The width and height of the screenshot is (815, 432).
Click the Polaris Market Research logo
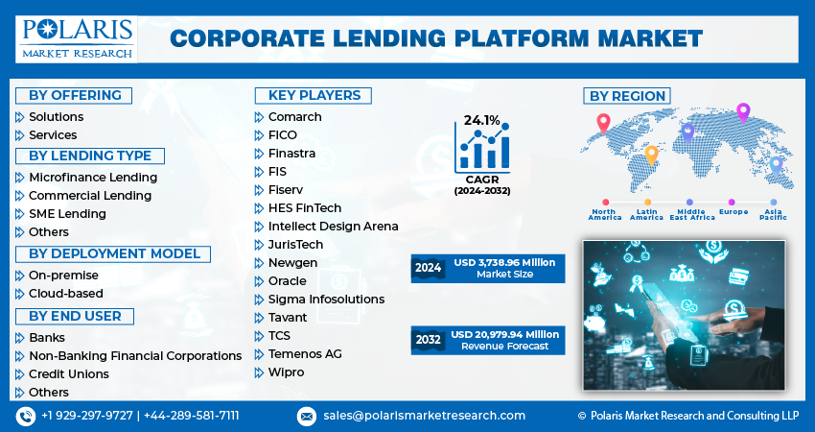(76, 38)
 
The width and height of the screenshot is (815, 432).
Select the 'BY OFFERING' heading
(75, 95)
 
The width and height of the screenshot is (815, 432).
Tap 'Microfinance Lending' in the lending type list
(93, 177)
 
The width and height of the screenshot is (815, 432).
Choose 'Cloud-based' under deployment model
(65, 293)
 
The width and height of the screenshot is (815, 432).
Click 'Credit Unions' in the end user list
(69, 373)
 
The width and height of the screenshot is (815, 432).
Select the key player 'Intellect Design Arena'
(326, 226)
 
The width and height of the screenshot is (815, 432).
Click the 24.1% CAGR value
(481, 120)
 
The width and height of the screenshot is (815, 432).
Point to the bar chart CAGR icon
(483, 149)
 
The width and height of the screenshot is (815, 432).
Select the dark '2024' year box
(429, 268)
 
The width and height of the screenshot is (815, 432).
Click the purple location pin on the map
(742, 113)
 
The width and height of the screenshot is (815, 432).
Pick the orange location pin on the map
(651, 154)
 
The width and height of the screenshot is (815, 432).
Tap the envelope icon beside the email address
(306, 416)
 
